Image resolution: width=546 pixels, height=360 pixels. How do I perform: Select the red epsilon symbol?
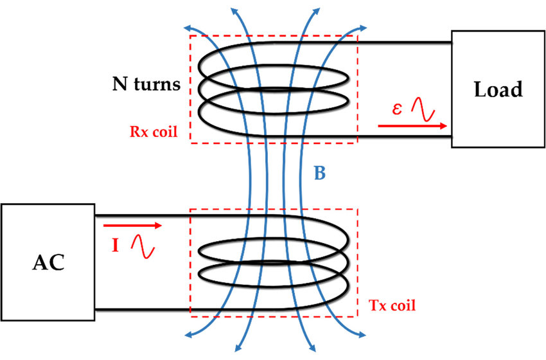click(398, 109)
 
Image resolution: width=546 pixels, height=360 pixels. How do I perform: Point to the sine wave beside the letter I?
click(143, 248)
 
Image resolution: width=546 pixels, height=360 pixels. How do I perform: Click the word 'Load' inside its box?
click(498, 89)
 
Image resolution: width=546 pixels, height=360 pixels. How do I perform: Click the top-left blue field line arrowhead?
click(188, 28)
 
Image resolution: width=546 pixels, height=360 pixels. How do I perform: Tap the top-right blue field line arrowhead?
click(371, 28)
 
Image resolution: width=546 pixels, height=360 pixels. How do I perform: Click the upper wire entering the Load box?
click(405, 42)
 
